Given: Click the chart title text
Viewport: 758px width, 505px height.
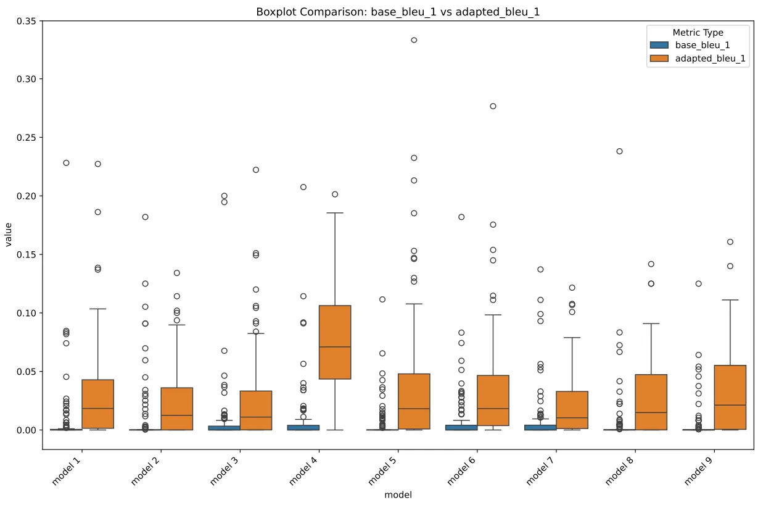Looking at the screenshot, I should (398, 12).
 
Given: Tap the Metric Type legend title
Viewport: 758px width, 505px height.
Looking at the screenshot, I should (698, 33).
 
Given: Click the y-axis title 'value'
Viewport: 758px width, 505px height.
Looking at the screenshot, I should (9, 235).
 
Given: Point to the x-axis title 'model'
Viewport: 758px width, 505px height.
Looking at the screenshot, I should (398, 495).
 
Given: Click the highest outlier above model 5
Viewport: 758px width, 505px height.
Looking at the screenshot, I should (414, 40).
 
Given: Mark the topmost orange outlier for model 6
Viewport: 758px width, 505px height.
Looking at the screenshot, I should (493, 106).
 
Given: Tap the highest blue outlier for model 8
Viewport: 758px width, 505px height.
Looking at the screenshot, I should (619, 151).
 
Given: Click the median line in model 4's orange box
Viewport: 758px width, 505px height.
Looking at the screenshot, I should (335, 347).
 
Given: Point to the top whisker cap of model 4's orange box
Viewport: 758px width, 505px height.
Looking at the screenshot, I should (335, 213).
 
